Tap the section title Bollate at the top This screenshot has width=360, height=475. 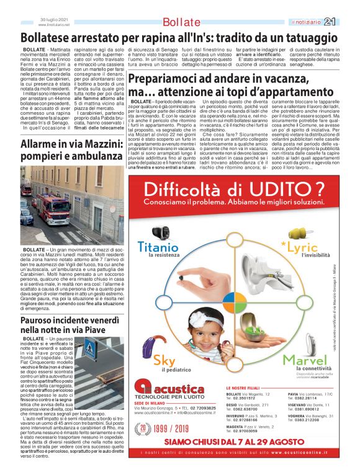pyautogui.click(x=182, y=22)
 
